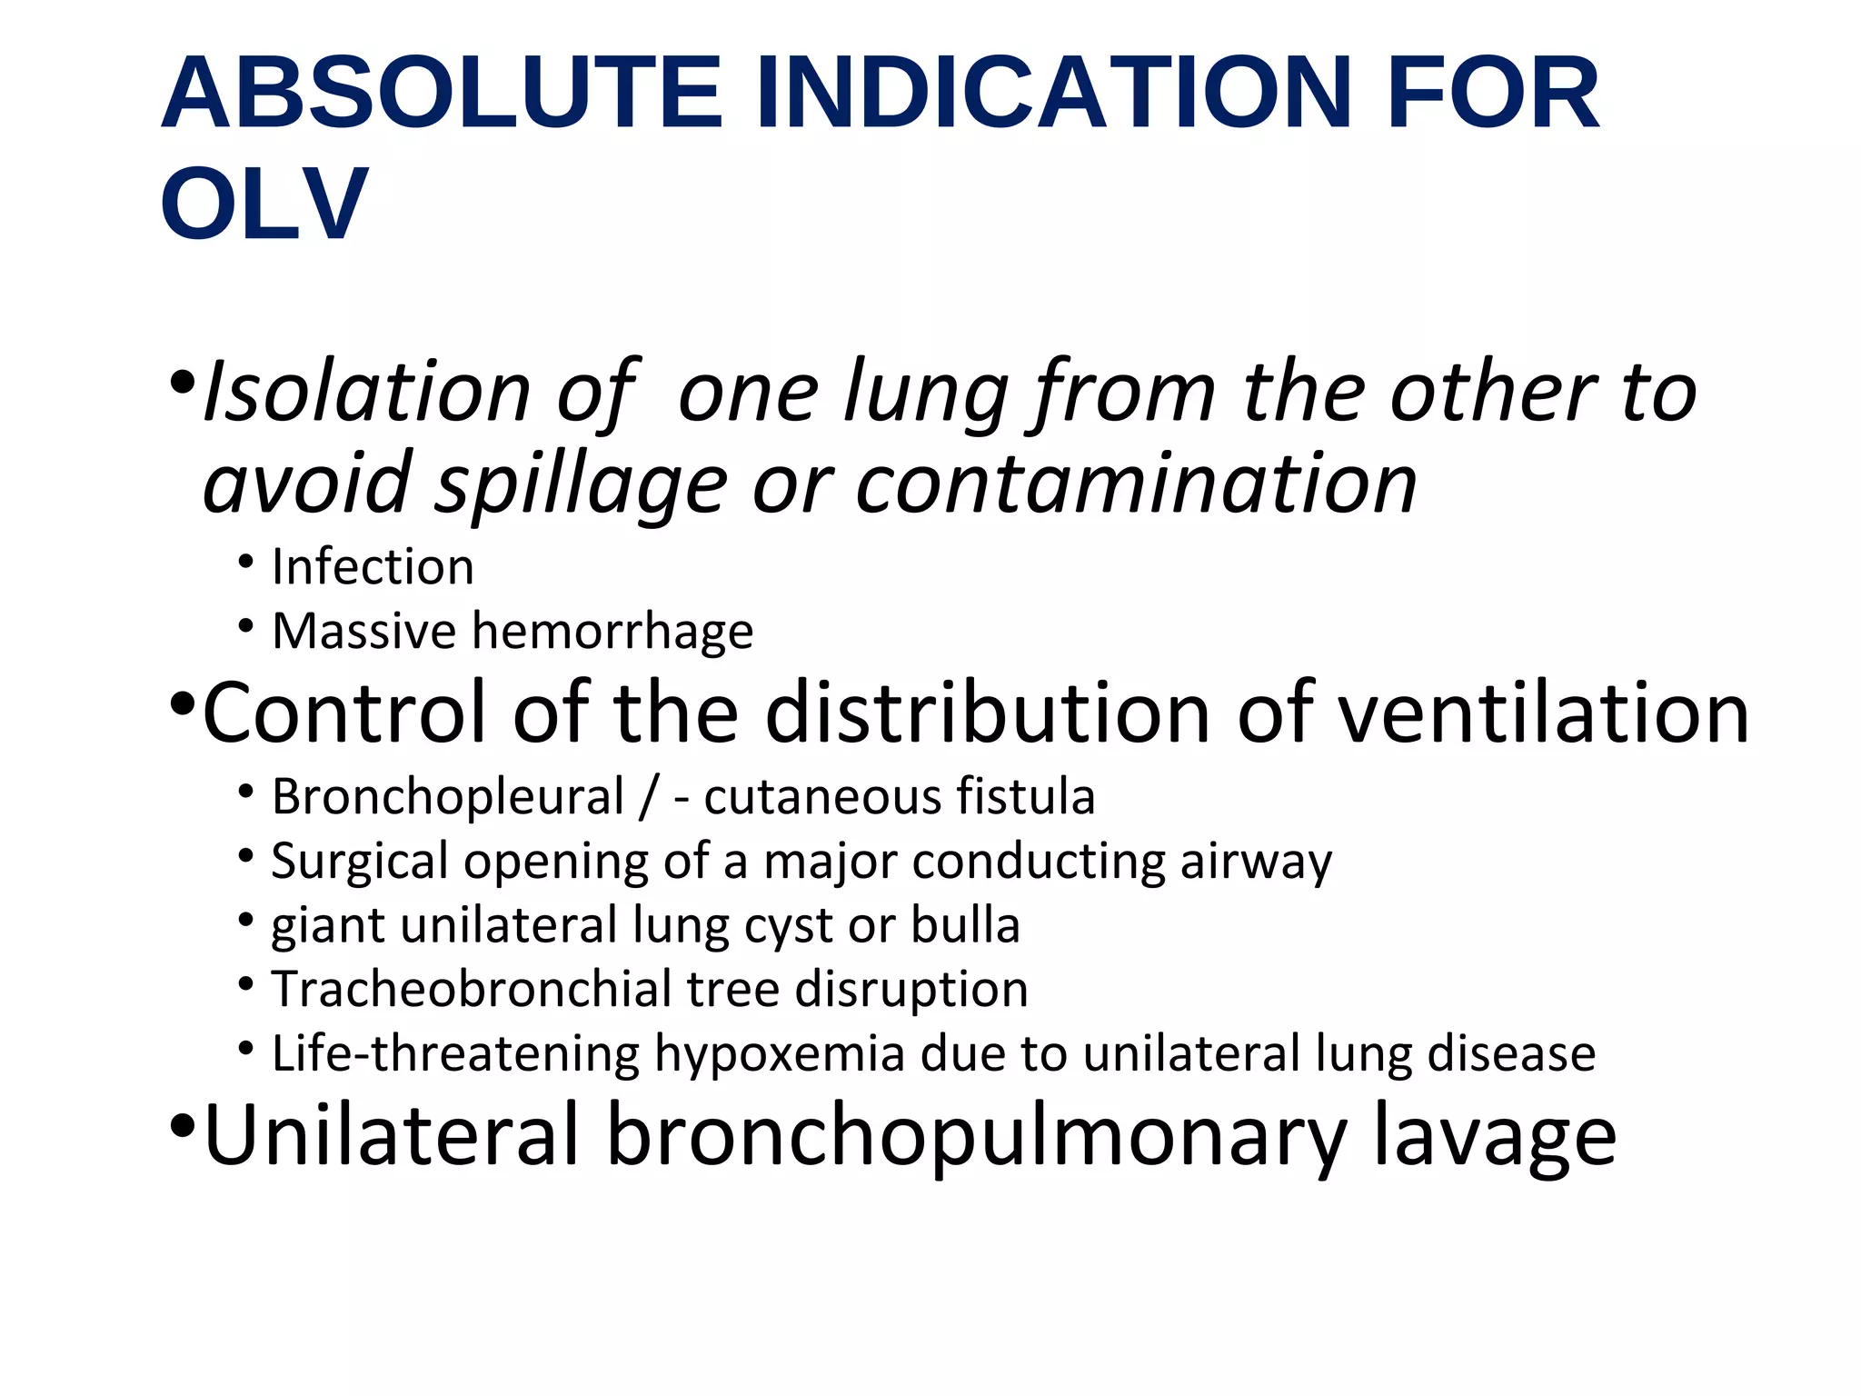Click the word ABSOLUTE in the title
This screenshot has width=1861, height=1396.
[441, 94]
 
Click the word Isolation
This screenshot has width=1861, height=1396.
[366, 393]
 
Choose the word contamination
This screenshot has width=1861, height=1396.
[1136, 484]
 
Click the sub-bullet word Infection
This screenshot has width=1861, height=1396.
[373, 568]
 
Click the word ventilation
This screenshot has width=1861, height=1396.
[1544, 713]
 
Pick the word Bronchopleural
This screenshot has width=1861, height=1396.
[448, 798]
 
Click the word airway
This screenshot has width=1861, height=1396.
[1256, 862]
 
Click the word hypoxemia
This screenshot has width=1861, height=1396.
[779, 1054]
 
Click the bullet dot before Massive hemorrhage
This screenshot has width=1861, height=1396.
[245, 626]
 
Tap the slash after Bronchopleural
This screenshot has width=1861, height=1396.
[647, 798]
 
